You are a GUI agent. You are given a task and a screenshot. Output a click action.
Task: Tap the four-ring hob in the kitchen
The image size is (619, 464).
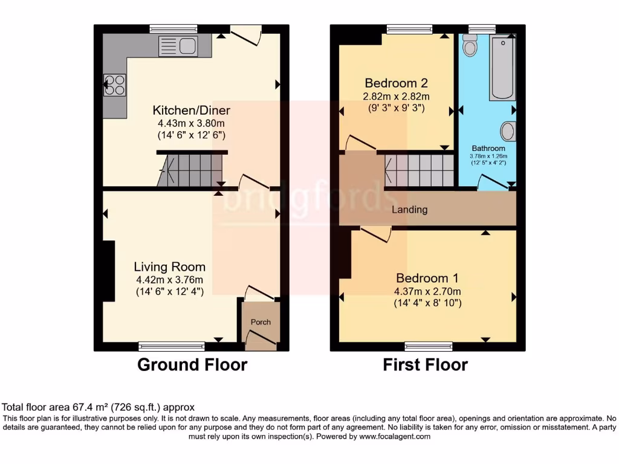pyautogui.click(x=114, y=85)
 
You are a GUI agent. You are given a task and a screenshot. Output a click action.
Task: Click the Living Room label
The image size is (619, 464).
pyautogui.click(x=169, y=266)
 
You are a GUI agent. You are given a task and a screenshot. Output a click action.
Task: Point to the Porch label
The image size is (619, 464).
pyautogui.click(x=261, y=322)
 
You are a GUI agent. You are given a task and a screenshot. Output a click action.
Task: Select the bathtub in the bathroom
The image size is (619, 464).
pyautogui.click(x=502, y=68)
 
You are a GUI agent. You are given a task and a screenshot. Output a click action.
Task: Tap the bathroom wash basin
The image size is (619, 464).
pyautogui.click(x=508, y=130)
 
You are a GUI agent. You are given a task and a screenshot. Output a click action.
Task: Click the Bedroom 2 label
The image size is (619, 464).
pyautogui.click(x=397, y=83)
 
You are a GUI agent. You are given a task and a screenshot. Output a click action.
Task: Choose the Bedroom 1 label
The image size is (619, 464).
pyautogui.click(x=427, y=278)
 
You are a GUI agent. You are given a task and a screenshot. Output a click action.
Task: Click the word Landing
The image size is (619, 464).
pyautogui.click(x=409, y=210)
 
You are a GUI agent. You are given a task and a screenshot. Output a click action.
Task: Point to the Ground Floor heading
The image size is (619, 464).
pyautogui.click(x=192, y=365)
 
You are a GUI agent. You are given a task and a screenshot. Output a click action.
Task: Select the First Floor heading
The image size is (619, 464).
pyautogui.click(x=425, y=365)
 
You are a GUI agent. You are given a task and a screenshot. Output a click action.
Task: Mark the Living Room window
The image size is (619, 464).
pyautogui.click(x=171, y=346)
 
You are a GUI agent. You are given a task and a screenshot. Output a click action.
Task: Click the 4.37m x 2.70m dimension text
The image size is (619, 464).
pyautogui.click(x=427, y=291)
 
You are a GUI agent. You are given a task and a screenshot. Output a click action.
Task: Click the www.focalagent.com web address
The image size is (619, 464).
pyautogui.click(x=394, y=436)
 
